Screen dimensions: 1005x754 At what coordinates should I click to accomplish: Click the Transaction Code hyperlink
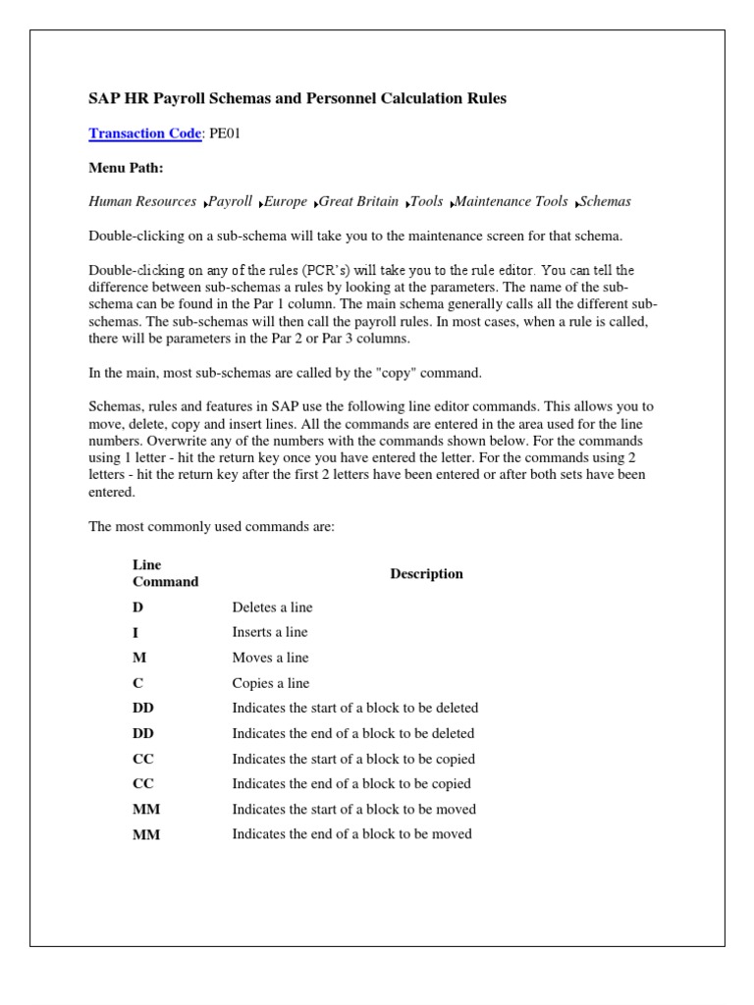(x=144, y=133)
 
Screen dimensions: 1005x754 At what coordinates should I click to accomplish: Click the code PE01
(x=224, y=133)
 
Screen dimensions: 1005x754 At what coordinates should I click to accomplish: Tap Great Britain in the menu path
(x=359, y=201)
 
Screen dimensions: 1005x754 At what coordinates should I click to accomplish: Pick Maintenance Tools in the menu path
(x=511, y=201)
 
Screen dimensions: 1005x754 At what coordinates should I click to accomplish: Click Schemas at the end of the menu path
(x=605, y=201)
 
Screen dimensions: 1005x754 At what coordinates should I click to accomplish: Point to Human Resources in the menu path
(x=142, y=201)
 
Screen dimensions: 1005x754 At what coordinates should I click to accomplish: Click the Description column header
(x=426, y=574)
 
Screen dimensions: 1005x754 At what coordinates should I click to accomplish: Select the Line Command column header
(x=165, y=573)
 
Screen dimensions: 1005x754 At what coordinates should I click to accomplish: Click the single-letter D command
(x=137, y=608)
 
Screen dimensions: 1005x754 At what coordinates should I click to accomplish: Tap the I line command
(x=135, y=633)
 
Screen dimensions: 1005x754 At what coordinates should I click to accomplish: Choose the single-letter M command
(x=138, y=658)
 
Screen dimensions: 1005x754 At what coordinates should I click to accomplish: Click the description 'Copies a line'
(x=270, y=683)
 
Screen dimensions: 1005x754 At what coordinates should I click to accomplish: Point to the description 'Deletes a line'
(x=272, y=608)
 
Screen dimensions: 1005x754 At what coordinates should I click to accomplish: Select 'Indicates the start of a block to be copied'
(x=353, y=759)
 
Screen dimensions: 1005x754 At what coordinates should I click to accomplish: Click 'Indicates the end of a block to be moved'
(x=351, y=834)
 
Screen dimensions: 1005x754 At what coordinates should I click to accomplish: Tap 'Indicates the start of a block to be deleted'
(x=354, y=708)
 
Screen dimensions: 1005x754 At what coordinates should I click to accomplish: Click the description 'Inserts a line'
(x=270, y=633)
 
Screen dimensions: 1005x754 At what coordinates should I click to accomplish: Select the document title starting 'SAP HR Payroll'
(x=297, y=99)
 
